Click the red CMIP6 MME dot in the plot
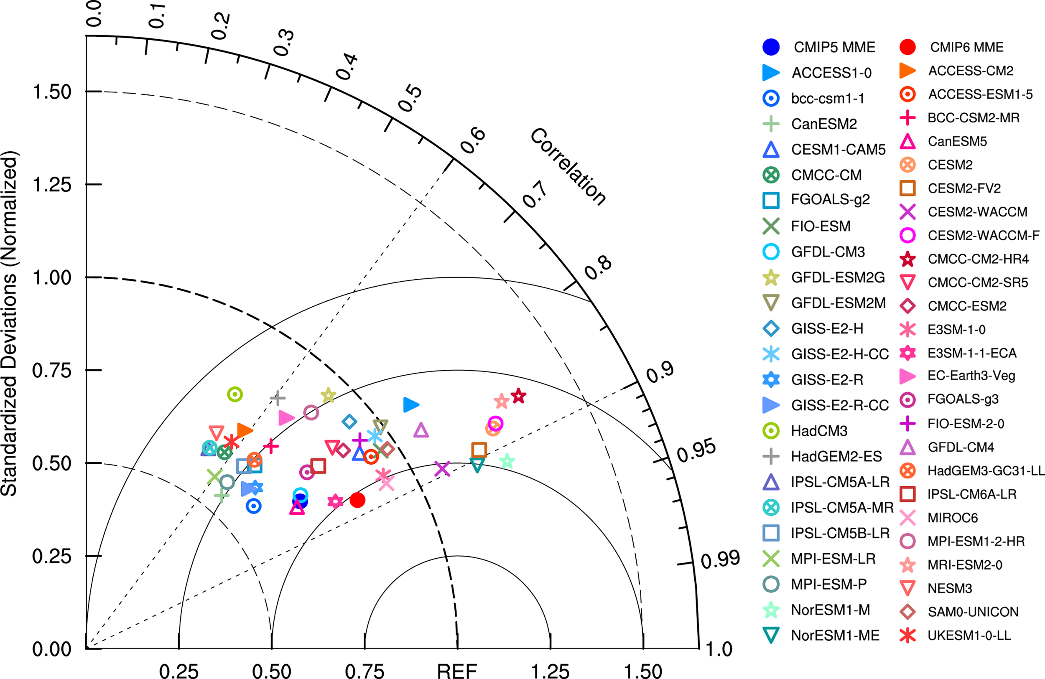tap(357, 499)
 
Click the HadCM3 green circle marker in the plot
tap(235, 394)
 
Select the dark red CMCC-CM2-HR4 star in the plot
tap(519, 396)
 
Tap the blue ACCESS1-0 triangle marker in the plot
tap(410, 404)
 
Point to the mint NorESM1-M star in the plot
tap(507, 461)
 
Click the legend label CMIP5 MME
tap(834, 47)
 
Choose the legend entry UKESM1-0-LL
tap(969, 635)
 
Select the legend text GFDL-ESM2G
tap(837, 277)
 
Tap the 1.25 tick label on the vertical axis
tap(51, 185)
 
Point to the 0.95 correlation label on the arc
tap(696, 451)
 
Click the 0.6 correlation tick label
tap(472, 141)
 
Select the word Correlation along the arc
tap(568, 167)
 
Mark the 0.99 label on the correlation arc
tap(720, 559)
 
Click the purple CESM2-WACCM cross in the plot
tap(442, 469)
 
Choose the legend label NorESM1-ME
tap(835, 635)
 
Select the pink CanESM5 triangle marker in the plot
tap(297, 508)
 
